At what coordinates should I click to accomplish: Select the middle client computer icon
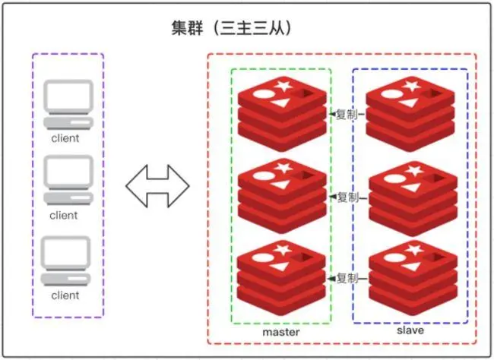68,180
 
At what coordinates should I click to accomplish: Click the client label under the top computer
65,138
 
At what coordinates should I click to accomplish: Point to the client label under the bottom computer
65,295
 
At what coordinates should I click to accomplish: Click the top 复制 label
347,115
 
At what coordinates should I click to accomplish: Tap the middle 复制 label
347,197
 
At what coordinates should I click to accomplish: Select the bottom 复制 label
347,277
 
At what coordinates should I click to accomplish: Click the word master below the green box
281,332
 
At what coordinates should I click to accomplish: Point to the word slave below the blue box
410,330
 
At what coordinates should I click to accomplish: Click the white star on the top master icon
285,86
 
